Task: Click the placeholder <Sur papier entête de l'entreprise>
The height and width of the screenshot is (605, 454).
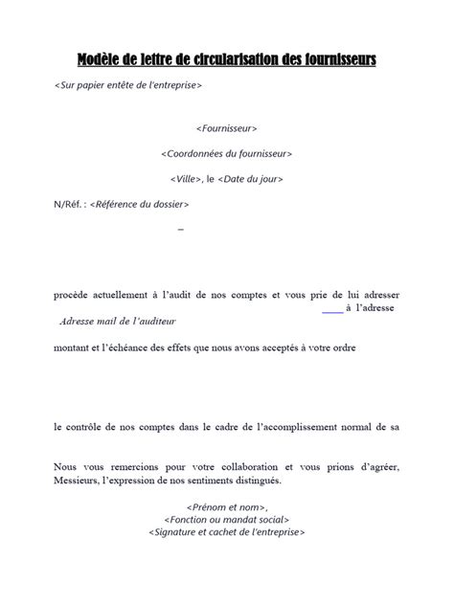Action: (128, 85)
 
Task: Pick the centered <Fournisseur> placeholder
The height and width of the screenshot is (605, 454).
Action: (226, 127)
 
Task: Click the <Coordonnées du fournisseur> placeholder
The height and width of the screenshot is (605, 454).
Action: (226, 153)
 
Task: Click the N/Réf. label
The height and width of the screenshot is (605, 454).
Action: (69, 204)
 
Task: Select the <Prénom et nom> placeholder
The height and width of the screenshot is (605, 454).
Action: (226, 507)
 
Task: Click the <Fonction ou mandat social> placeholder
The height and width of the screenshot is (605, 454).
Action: (226, 521)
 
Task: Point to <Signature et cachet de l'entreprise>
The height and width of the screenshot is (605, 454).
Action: (226, 534)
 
